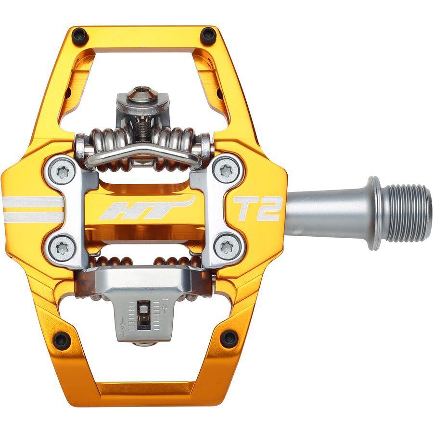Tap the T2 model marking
[x=256, y=208]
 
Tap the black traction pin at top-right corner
[x=208, y=35]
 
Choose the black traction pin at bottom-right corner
[x=229, y=338]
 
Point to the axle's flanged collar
[x=375, y=214]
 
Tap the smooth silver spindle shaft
[x=327, y=212]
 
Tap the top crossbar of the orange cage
[x=144, y=35]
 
